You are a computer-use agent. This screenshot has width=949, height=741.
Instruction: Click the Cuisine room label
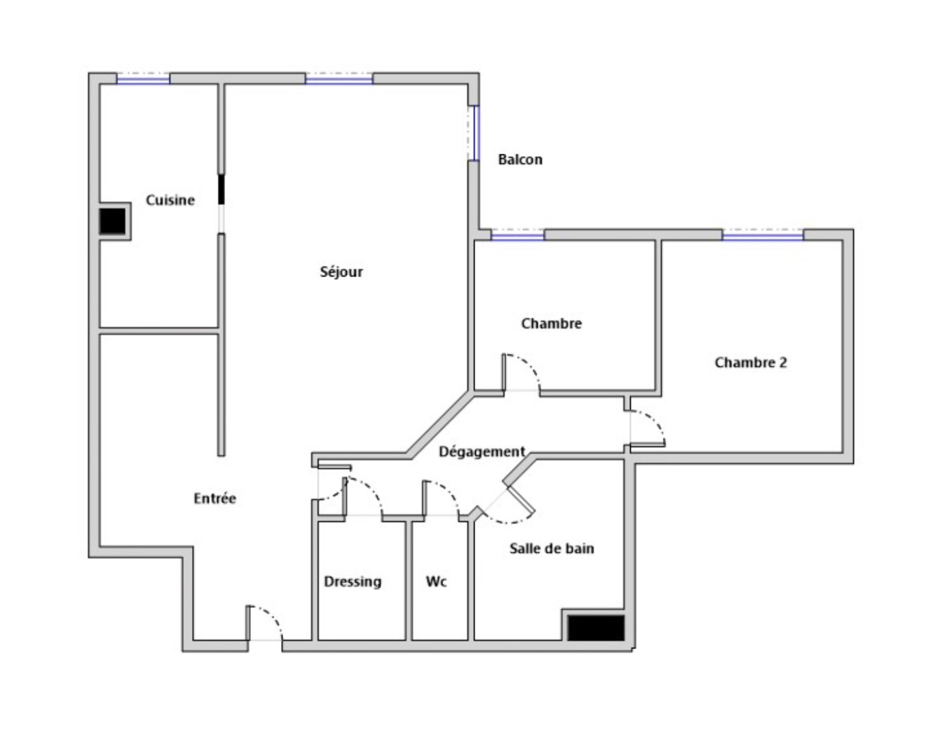170,200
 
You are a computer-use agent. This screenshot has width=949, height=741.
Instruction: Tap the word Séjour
341,272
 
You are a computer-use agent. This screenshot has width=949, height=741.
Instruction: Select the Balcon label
520,160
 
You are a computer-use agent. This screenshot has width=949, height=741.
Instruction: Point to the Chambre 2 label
750,363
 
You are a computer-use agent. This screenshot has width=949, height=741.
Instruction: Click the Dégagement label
481,451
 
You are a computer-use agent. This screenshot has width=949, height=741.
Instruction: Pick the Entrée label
215,499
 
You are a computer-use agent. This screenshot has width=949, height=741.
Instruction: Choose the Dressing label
352,582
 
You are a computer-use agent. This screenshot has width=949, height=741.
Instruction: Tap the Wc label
436,582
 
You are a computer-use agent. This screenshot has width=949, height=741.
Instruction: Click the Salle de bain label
551,549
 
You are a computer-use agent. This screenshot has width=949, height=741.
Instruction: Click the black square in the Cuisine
113,221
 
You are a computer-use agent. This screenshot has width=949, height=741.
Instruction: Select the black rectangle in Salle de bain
596,628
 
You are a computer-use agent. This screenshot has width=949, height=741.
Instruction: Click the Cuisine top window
143,80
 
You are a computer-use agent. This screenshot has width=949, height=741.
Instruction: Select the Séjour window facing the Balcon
473,133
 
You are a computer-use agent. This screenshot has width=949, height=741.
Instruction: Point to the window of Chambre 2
762,236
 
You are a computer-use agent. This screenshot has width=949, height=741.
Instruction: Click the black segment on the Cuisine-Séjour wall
221,189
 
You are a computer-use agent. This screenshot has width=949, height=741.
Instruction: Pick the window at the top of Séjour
339,80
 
